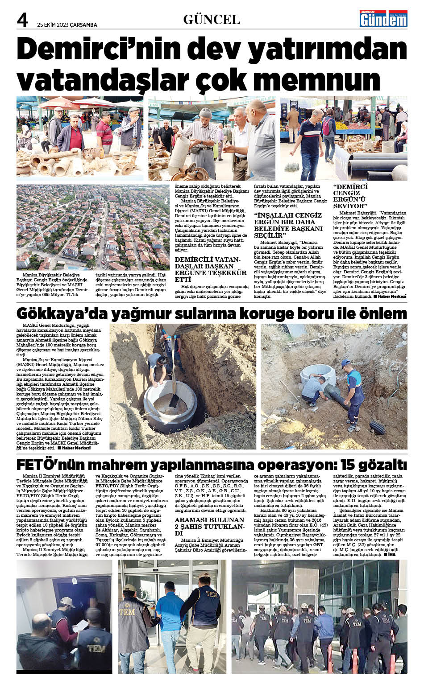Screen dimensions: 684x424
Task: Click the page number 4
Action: (22, 20)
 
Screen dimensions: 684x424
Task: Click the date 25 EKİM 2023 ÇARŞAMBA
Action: (67, 25)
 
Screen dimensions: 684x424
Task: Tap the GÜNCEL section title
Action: (212, 20)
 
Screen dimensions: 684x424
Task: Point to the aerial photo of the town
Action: (93, 227)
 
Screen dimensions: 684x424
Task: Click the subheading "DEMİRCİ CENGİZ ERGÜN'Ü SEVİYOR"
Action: (350, 197)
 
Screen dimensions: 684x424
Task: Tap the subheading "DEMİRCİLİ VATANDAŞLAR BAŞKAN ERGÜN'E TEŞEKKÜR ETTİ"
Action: (210, 269)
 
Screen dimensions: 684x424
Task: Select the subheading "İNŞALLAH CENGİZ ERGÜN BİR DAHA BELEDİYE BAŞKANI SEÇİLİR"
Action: (288, 225)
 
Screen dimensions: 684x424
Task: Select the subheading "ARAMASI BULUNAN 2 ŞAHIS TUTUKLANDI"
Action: (209, 526)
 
